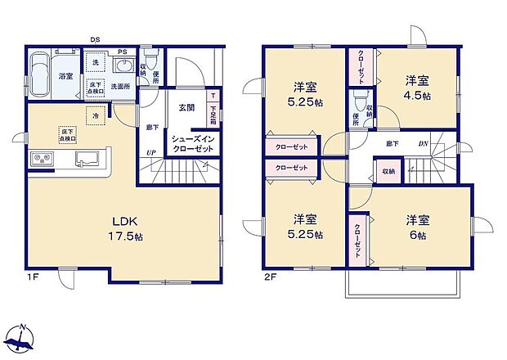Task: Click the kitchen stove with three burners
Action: click(41, 160)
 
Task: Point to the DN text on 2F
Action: click(423, 144)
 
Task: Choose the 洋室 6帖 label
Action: click(418, 227)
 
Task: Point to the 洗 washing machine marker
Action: click(95, 63)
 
